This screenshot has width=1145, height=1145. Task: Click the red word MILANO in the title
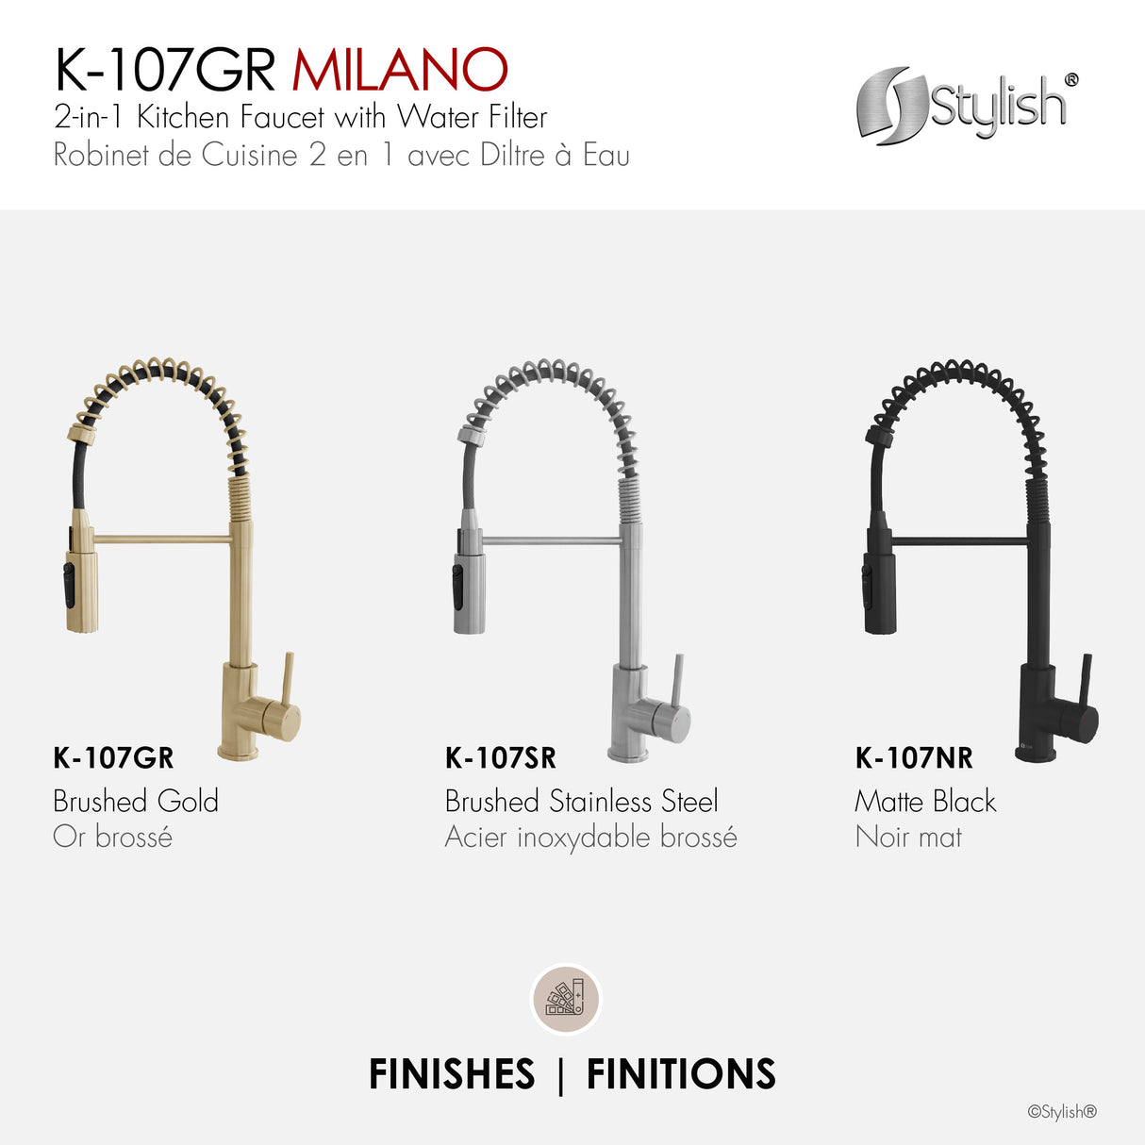[400, 70]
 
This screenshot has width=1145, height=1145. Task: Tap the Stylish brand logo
[966, 105]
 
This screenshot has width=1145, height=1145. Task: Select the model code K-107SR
[500, 757]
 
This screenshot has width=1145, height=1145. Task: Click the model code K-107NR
[913, 757]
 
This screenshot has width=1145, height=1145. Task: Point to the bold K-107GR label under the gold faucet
[113, 757]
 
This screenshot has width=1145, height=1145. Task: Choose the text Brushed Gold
[136, 801]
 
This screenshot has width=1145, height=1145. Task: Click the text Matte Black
[924, 801]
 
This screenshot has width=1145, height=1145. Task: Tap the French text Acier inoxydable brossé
[590, 837]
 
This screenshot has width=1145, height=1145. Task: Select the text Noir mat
[908, 837]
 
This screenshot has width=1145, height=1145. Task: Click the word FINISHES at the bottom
[452, 1074]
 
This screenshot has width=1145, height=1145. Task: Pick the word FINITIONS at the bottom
[681, 1074]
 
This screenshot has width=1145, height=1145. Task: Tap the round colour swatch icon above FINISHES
[566, 999]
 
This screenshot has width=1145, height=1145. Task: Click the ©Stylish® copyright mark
[1062, 1112]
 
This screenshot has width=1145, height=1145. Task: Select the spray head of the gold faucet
[80, 580]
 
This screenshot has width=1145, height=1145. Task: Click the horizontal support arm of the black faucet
[957, 541]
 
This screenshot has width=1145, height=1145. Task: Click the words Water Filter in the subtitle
[472, 117]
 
